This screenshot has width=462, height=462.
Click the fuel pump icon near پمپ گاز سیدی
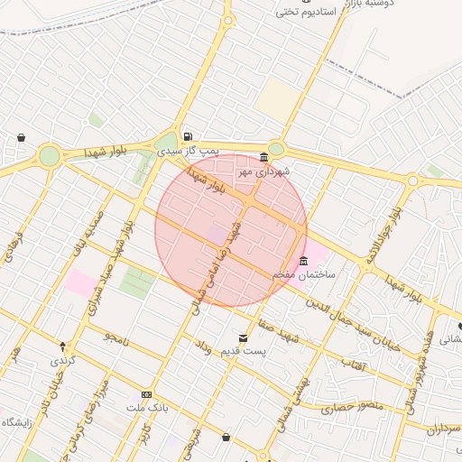(187, 136)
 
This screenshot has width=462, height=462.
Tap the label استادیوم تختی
(306, 12)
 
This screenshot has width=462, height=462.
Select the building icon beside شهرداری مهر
(263, 156)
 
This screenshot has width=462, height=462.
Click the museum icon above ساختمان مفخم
(303, 261)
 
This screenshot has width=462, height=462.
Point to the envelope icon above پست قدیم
(243, 337)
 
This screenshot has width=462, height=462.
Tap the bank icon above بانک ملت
(147, 394)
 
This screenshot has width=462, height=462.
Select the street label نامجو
(115, 337)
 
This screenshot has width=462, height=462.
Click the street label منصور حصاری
(352, 407)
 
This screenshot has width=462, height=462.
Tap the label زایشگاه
(16, 422)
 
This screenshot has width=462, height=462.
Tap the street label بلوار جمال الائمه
(382, 235)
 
